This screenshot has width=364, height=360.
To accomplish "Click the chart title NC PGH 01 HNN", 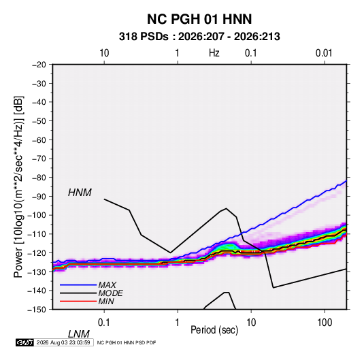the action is [199, 19].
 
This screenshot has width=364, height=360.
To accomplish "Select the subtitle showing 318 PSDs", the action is [199, 37].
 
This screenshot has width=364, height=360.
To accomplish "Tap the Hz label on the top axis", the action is [214, 53].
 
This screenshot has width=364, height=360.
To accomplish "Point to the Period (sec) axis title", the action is [214, 330].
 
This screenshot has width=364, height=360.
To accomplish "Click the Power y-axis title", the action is [18, 187].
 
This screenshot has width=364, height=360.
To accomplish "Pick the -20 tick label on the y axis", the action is [39, 65].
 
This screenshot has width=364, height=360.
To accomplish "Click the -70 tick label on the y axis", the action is [39, 159].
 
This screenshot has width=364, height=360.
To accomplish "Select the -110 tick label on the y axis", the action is [37, 234].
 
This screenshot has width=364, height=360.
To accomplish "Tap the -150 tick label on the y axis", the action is [37, 310].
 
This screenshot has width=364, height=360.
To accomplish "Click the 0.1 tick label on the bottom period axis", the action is [104, 323].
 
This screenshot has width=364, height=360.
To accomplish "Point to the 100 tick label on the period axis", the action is [325, 323].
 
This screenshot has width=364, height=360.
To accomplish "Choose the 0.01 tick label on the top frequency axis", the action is [324, 53].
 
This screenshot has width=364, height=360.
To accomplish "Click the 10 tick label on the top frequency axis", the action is [104, 53].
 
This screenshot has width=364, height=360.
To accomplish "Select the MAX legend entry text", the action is [107, 285].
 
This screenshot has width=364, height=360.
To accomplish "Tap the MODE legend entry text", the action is [110, 293].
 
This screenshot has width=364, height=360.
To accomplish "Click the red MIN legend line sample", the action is [78, 301].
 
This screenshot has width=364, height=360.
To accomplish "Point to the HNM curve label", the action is [80, 193].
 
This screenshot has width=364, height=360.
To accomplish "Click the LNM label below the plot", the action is [79, 334].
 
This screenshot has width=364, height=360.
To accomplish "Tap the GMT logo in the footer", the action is [25, 342].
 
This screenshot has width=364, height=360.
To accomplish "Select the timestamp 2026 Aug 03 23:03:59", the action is [63, 342].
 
